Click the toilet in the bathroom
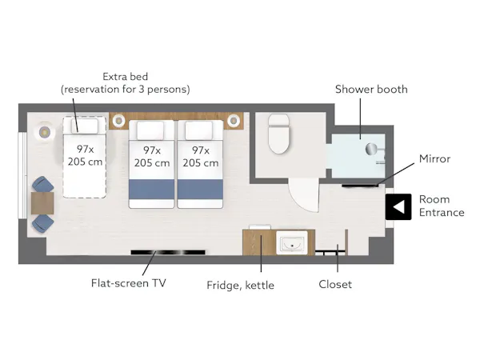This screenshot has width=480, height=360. coord(278,134)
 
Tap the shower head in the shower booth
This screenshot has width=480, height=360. coord(371,149)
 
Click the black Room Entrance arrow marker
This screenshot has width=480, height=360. coord(398,206)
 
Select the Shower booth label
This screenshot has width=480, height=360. coord(371,89)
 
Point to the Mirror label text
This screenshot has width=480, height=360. coord(434,158)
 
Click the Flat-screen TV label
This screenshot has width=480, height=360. coord(129,283)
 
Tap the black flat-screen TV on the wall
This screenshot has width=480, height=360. coord(168,252)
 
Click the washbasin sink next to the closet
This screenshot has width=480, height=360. coord(292,242)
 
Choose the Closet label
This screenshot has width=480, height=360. coord(335,284)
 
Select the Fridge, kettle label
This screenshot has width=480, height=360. coord(240,286)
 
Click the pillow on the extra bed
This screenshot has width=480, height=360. coord(85,126)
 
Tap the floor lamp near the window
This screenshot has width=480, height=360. coord(45,133)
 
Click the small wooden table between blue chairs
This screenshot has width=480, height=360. coord(42,203)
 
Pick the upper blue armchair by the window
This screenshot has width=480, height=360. coord(43,184)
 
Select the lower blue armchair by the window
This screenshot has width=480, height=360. coord(43,223)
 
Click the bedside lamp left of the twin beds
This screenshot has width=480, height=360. coord(118,121)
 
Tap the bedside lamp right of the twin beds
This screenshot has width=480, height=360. coord(234,121)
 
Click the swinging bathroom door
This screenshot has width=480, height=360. coord(304,195)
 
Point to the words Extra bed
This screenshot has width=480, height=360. coord(126,76)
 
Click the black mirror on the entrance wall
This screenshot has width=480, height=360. coord(360,186)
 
